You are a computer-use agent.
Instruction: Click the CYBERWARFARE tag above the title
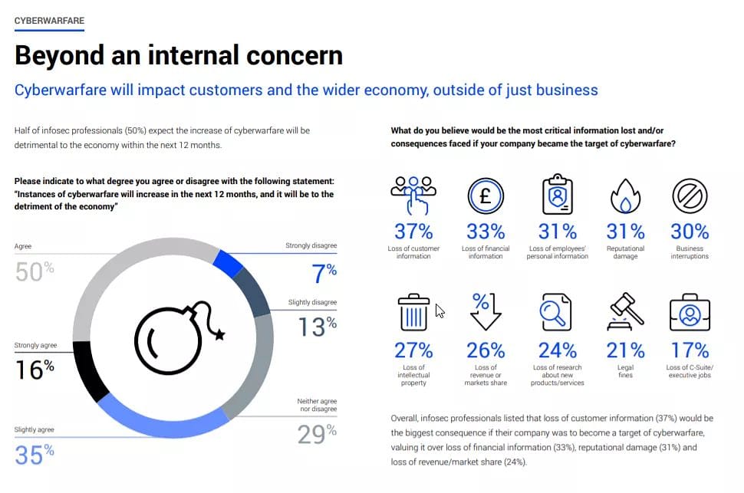pyautogui.click(x=49, y=21)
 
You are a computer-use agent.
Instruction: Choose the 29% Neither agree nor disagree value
pyautogui.click(x=317, y=434)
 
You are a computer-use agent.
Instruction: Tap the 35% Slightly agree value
pyautogui.click(x=35, y=455)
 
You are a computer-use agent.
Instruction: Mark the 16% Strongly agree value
pyautogui.click(x=35, y=369)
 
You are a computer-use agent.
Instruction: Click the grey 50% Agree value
pyautogui.click(x=35, y=271)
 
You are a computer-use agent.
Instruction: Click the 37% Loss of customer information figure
pyautogui.click(x=413, y=231)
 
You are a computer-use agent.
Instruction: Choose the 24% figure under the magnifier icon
pyautogui.click(x=558, y=350)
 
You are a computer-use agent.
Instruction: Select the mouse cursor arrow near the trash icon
pyautogui.click(x=440, y=311)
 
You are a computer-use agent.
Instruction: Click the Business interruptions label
pyautogui.click(x=690, y=252)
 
